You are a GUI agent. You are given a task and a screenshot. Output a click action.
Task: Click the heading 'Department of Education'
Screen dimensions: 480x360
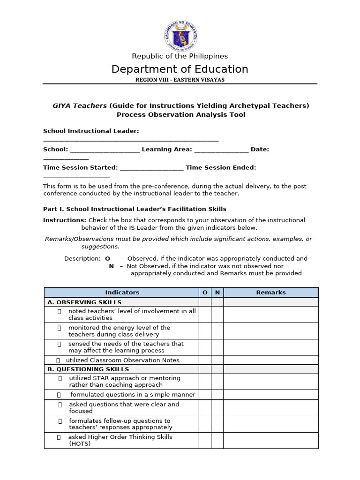(180, 69)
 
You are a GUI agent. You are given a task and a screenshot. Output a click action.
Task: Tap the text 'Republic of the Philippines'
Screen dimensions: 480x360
(180, 56)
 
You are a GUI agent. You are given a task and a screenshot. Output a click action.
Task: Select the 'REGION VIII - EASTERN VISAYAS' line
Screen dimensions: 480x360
(180, 80)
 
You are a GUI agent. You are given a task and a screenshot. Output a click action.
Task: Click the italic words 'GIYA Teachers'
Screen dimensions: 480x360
(80, 106)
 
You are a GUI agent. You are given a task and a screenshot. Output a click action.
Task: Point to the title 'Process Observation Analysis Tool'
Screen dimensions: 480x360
(181, 115)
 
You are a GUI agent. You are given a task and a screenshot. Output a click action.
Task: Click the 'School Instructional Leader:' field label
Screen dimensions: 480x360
(91, 131)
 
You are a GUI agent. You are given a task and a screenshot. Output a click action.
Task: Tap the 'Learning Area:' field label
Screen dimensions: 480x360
(166, 150)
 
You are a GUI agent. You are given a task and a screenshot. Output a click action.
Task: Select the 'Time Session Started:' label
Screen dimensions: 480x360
(80, 168)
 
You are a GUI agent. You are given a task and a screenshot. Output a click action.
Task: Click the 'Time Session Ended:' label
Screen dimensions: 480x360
(221, 168)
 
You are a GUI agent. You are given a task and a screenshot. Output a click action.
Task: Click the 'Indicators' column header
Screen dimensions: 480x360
(122, 292)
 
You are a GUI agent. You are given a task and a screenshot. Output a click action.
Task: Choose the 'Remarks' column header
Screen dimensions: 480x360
(271, 292)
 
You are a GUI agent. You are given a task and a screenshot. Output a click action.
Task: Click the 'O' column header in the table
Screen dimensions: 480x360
(205, 292)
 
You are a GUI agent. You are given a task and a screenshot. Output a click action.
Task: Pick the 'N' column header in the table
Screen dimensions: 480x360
(217, 292)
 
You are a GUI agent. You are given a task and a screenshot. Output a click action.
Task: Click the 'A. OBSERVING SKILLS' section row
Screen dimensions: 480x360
(84, 302)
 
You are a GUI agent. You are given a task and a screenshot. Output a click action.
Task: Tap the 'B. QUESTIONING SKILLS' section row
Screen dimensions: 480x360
(88, 369)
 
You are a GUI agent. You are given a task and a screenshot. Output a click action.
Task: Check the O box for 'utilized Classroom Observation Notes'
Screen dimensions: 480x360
(205, 360)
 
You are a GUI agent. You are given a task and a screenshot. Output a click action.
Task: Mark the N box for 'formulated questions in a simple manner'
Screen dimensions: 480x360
(217, 395)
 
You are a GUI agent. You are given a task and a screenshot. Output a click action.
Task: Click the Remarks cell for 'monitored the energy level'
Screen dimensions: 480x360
(271, 331)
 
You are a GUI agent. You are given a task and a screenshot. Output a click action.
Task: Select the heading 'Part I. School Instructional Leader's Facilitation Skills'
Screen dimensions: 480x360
(135, 209)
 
